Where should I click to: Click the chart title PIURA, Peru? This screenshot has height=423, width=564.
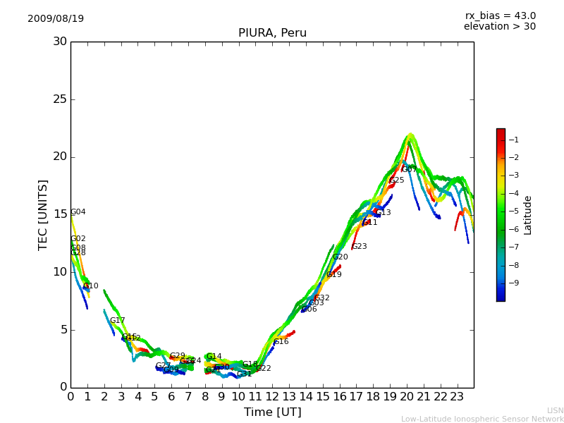point(272,33)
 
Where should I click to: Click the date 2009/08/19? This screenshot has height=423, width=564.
point(56,18)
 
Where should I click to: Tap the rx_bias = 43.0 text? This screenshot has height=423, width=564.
point(500,16)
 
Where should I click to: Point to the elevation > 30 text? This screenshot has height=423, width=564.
point(499,27)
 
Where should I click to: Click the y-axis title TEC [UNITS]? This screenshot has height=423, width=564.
point(44,214)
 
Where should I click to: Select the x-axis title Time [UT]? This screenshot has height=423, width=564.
point(272,412)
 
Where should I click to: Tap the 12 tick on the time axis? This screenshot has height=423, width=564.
point(272,396)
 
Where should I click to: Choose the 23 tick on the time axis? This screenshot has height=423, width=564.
point(457,396)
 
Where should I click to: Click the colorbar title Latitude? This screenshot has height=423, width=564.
point(528,215)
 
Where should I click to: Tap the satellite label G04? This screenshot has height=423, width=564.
point(78,212)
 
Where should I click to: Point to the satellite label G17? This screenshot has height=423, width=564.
point(117,321)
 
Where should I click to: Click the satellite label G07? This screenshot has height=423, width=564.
point(409,169)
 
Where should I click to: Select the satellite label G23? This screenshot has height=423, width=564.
point(359,247)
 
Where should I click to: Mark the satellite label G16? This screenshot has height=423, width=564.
point(281,342)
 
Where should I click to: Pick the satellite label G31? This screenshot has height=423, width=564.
point(244,374)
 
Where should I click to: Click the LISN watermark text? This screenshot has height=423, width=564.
point(555,410)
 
